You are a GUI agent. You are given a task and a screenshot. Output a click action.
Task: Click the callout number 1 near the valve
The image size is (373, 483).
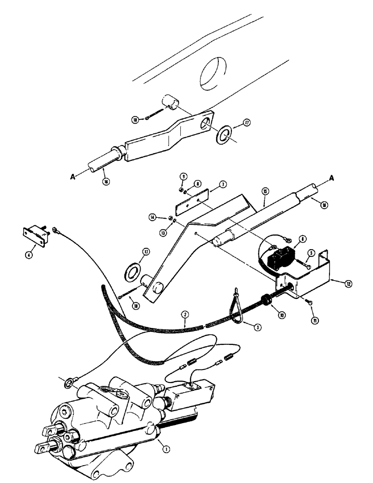(166, 449)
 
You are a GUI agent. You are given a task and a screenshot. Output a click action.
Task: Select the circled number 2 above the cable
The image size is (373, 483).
(184, 314)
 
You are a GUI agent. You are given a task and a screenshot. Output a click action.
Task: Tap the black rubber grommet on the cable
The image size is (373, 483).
(265, 299)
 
